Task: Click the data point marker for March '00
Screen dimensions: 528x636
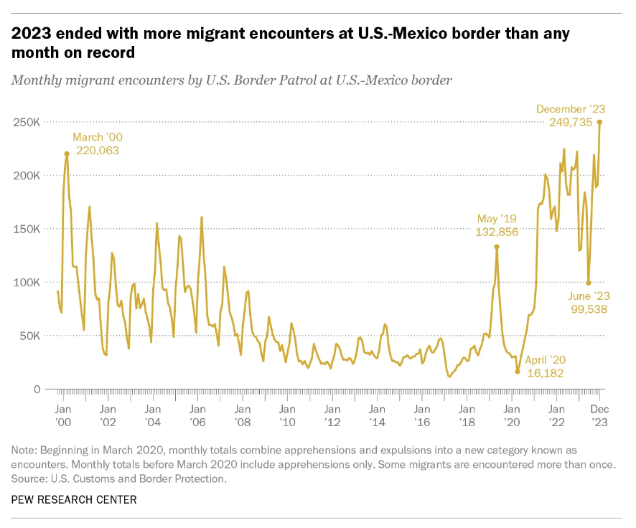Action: click(x=67, y=154)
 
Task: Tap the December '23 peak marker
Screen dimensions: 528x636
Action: click(x=599, y=122)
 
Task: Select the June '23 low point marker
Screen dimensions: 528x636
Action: click(x=589, y=283)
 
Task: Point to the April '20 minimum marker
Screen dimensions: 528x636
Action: click(x=517, y=372)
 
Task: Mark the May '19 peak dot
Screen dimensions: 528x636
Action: click(x=496, y=247)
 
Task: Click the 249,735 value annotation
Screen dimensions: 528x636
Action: click(x=571, y=123)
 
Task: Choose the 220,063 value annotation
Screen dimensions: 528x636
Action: click(x=96, y=151)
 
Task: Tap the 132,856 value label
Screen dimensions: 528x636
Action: click(x=496, y=232)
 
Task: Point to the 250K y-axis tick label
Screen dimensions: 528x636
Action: click(x=26, y=122)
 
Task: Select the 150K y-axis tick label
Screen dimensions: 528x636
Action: click(x=26, y=229)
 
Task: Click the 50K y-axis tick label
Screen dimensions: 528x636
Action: click(x=29, y=336)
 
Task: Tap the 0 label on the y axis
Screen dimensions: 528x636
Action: click(x=36, y=390)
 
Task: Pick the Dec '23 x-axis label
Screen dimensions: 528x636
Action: click(x=600, y=415)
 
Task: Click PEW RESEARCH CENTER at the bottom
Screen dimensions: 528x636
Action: click(x=74, y=499)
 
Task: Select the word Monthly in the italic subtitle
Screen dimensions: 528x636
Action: click(x=35, y=80)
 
